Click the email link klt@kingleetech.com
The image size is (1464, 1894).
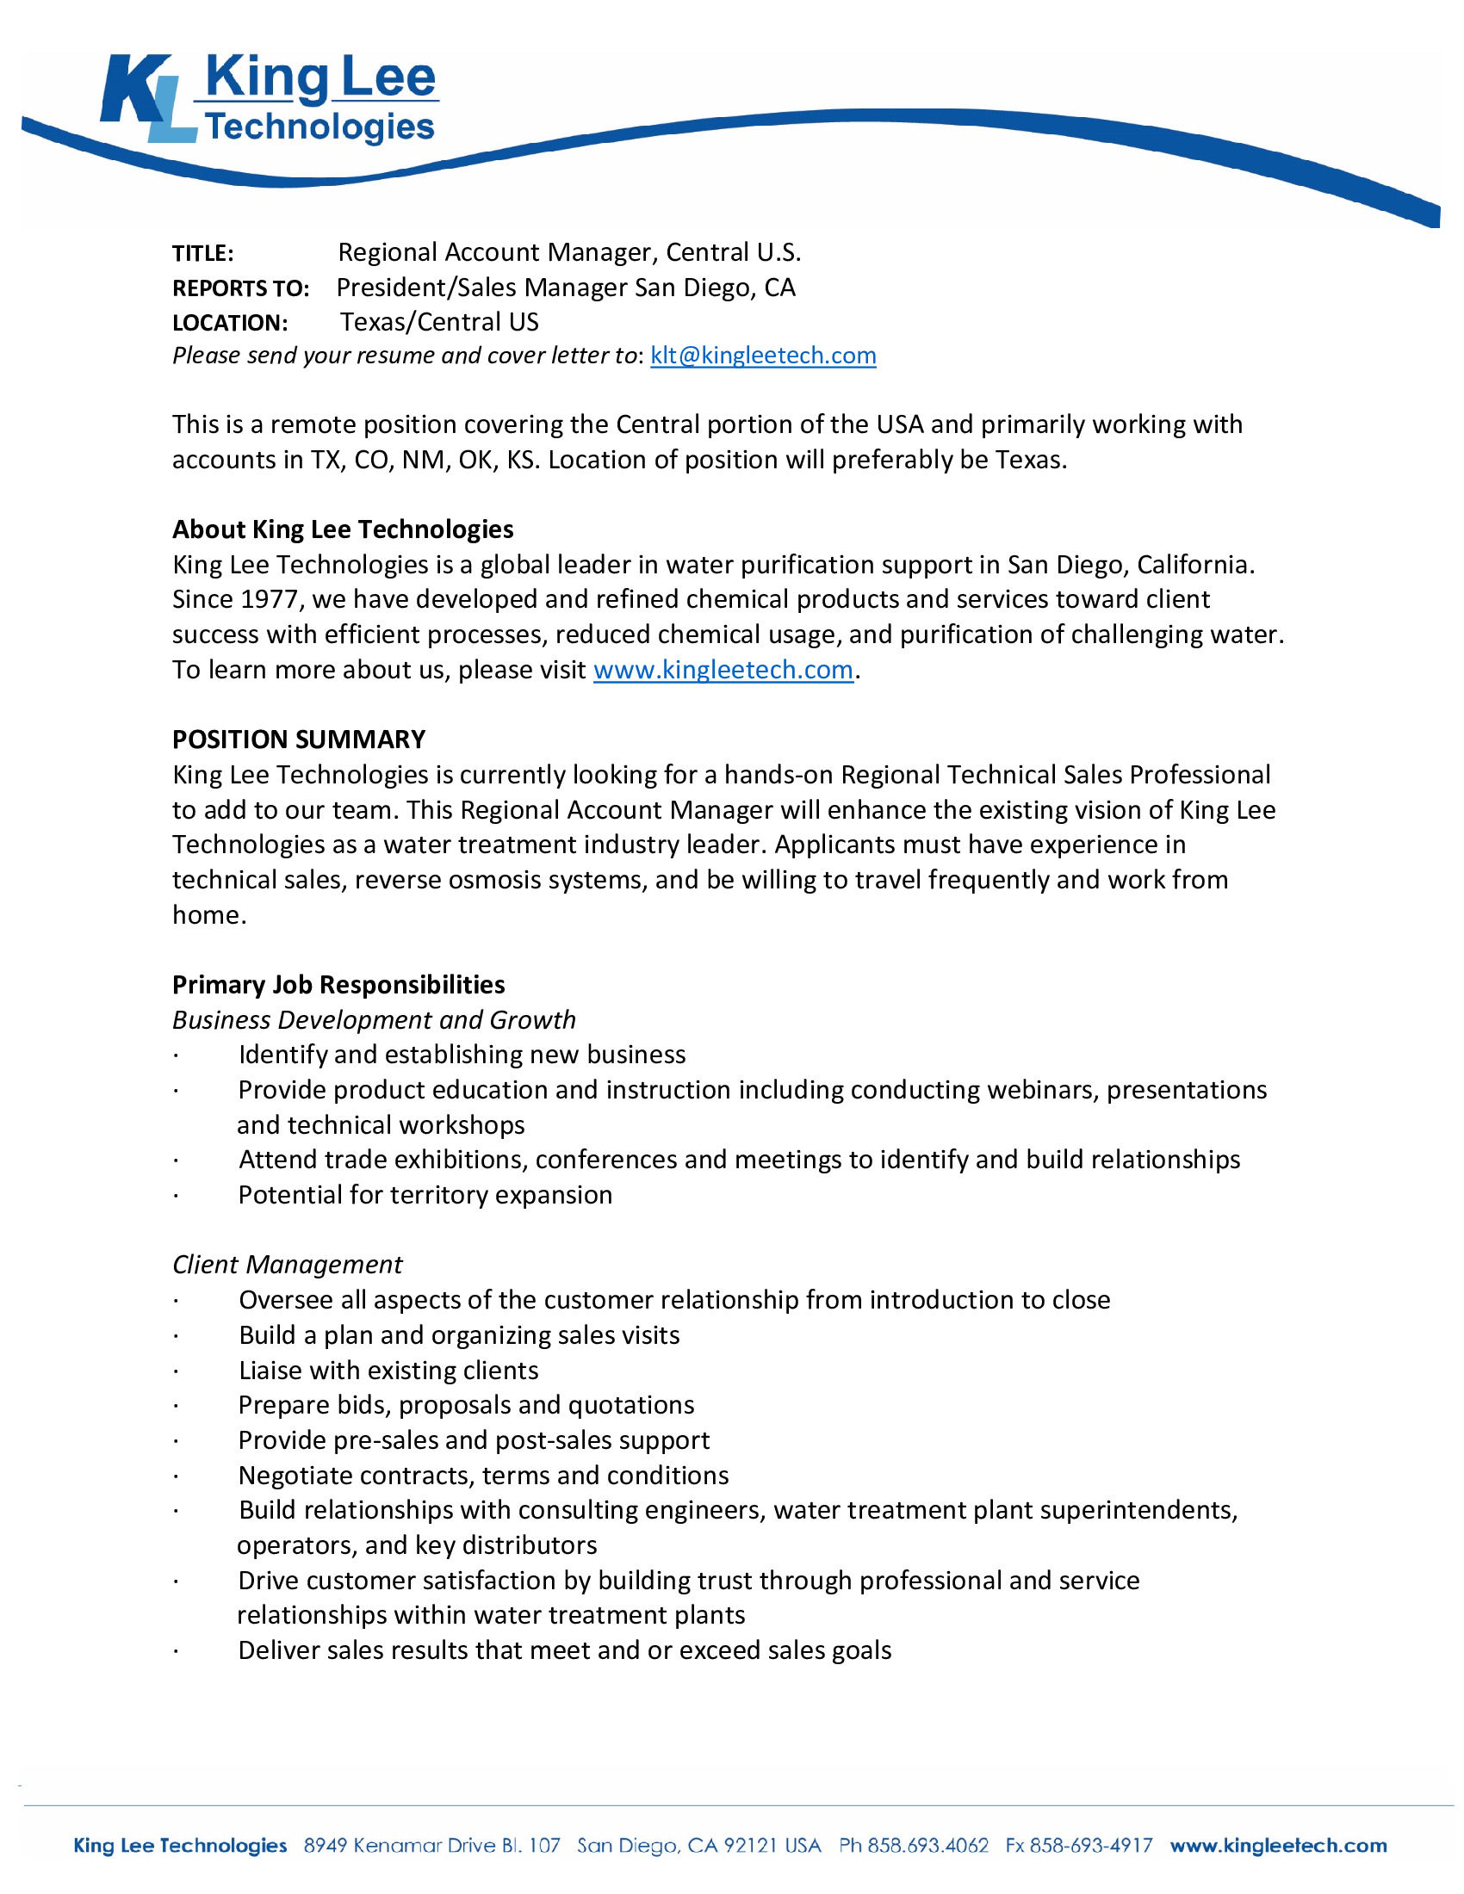coord(762,356)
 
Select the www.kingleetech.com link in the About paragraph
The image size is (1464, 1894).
coord(723,671)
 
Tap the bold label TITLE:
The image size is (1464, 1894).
coord(203,253)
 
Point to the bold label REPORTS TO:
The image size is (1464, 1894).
coord(240,288)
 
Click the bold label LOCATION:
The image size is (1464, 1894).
coord(230,324)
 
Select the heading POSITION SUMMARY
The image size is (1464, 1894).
coord(298,740)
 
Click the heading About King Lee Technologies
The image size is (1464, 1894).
coord(343,529)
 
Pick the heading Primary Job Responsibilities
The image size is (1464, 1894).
coord(338,984)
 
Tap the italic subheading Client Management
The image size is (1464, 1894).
coord(287,1265)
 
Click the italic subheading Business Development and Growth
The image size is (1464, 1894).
coord(374,1020)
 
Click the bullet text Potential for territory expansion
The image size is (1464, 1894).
coord(425,1195)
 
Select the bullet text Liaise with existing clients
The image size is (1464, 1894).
coord(388,1371)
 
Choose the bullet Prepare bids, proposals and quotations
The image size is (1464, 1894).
coord(466,1405)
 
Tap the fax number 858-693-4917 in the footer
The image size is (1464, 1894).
coord(1090,1846)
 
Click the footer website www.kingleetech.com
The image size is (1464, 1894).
coord(1277,1846)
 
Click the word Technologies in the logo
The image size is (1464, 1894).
coord(319,127)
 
